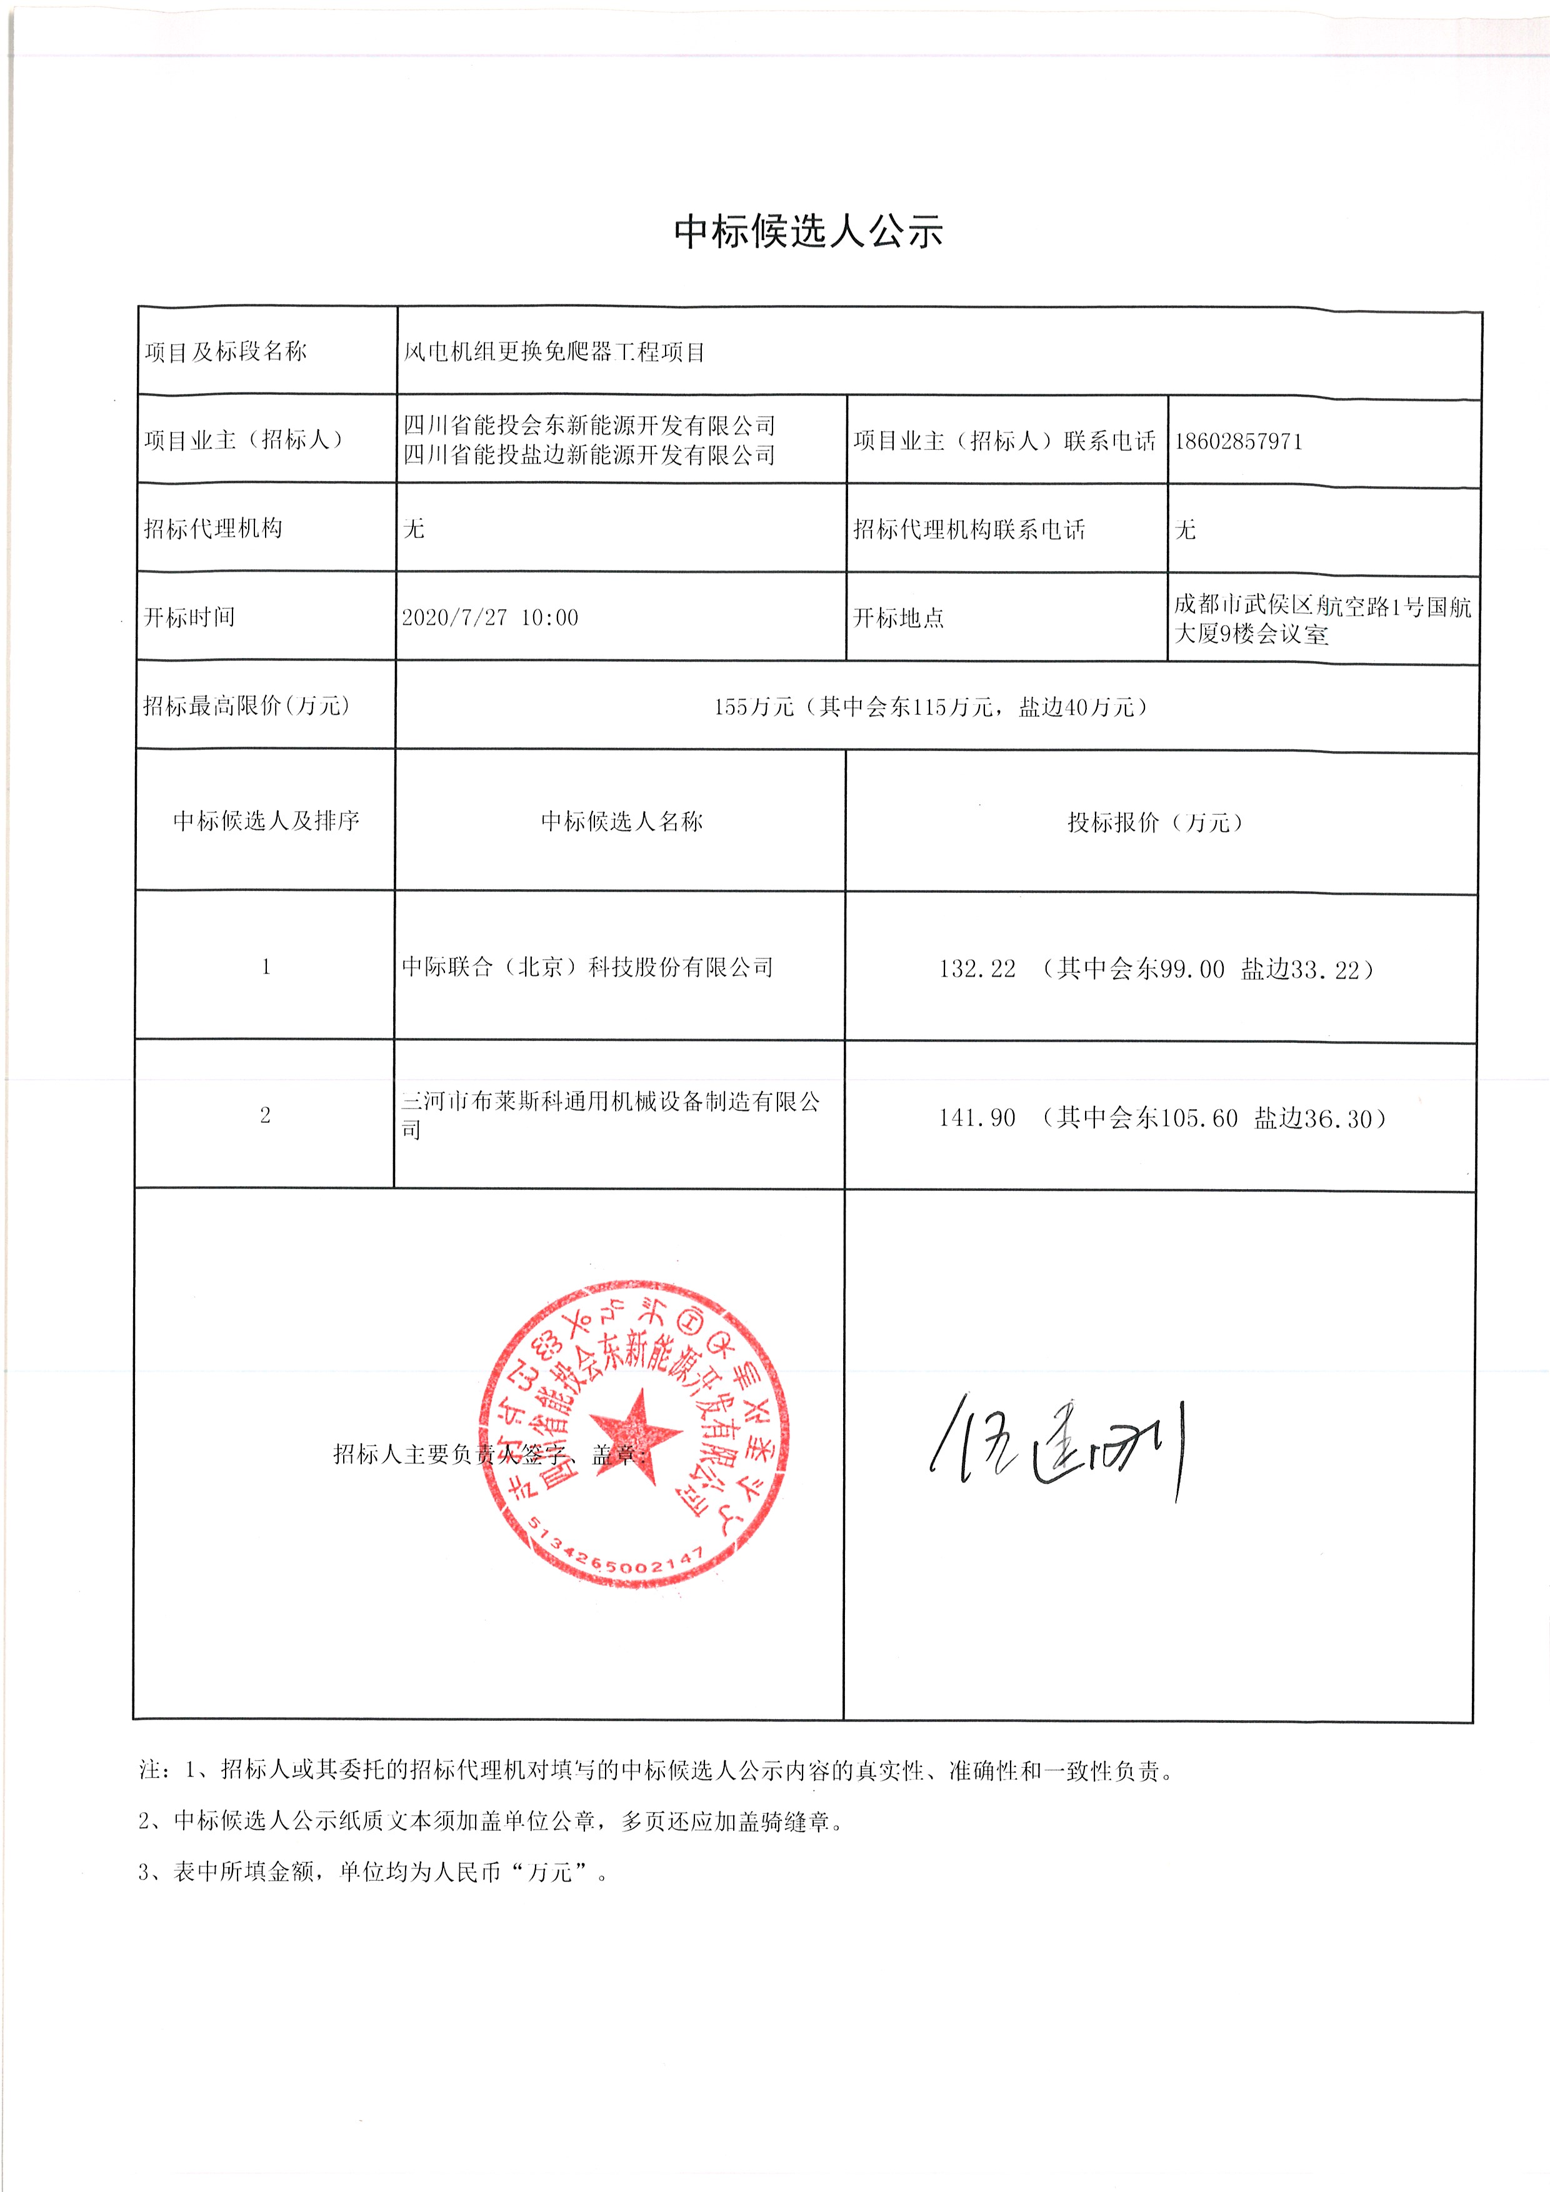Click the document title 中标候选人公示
coord(808,231)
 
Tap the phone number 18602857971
coord(1237,441)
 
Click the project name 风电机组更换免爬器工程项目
coord(554,352)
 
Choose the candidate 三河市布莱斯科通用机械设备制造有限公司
coord(610,1114)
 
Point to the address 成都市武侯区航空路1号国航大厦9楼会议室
coord(1322,619)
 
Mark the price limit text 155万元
coord(754,707)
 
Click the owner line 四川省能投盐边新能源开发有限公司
coord(588,456)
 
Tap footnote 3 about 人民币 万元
coord(373,1872)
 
